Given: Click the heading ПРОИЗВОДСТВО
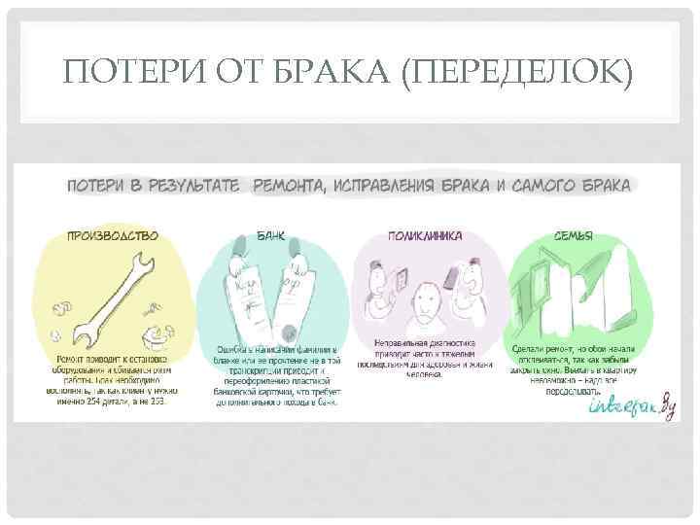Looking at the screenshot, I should [x=113, y=235].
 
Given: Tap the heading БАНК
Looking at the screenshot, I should [x=270, y=235].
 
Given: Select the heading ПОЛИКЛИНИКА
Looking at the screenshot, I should [x=426, y=235].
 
